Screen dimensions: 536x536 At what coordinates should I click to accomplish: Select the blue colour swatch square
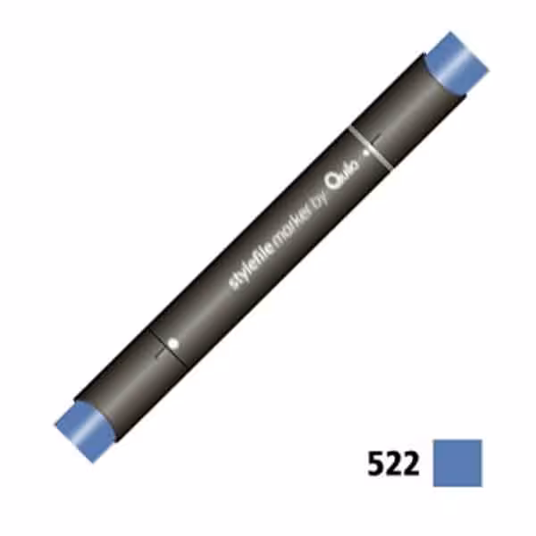click(457, 463)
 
